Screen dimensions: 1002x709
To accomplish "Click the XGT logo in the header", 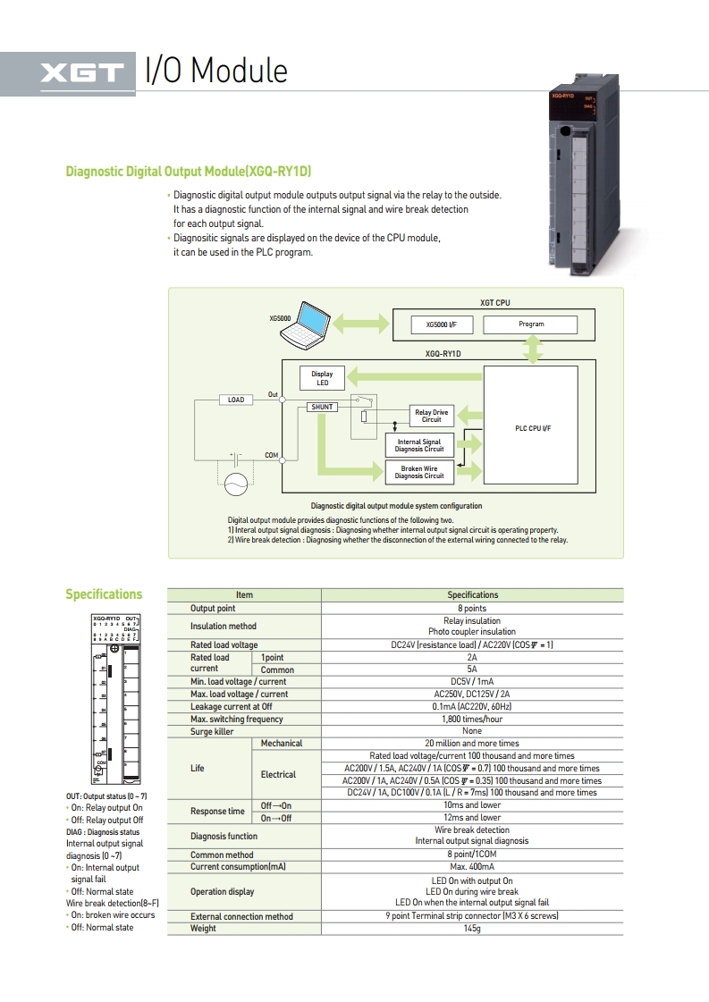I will (80, 72).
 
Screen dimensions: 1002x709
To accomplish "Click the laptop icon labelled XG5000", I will (304, 325).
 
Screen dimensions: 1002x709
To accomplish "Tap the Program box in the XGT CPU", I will (531, 324).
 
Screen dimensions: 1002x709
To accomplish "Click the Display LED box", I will (323, 378).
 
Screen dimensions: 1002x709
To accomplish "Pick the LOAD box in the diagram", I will (236, 400).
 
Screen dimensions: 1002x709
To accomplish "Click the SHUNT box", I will (322, 407).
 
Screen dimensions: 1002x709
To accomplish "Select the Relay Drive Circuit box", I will (432, 416).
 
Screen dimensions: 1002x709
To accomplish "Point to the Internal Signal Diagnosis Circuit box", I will (419, 445).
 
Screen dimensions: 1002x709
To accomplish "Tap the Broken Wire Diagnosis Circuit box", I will (419, 473).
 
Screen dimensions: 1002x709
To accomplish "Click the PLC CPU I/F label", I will (533, 429).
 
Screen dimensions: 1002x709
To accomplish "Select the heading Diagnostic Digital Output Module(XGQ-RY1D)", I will (189, 172).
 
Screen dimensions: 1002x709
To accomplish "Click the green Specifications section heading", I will (104, 594).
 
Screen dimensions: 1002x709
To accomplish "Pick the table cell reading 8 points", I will (472, 608).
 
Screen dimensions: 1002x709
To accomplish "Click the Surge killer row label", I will (212, 731).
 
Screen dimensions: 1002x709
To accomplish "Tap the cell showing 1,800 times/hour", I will (472, 719).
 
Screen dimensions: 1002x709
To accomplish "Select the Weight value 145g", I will (472, 929).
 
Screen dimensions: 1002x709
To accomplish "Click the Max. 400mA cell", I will (472, 867).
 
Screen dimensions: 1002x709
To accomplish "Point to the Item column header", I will (244, 594).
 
